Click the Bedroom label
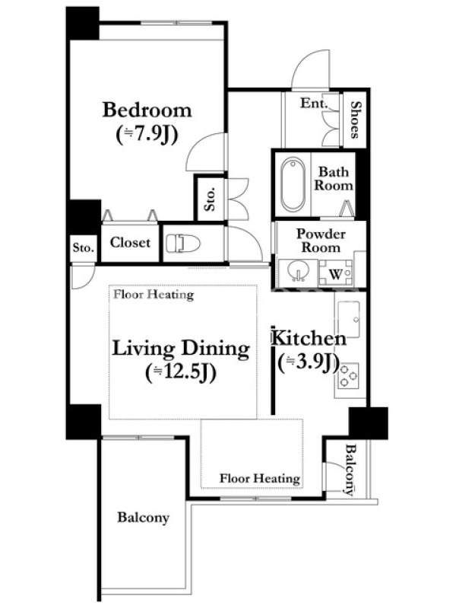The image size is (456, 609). tap(147, 110)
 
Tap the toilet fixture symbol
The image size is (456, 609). tap(183, 244)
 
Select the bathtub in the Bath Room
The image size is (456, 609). tap(293, 184)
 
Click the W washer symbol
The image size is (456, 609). tap(335, 274)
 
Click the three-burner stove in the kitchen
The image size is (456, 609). tap(349, 376)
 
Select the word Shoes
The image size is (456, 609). tap(355, 120)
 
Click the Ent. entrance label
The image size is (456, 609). tap(314, 103)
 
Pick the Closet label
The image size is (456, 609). tap(130, 242)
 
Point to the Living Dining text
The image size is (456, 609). tap(181, 348)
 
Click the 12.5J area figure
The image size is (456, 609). tap(181, 373)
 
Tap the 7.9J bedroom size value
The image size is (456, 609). tap(147, 135)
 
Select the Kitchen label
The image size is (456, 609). tap(309, 338)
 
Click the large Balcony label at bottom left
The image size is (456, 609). tap(144, 518)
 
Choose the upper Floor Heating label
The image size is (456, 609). tap(154, 295)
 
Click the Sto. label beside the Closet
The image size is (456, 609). tap(84, 247)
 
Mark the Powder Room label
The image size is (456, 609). tap(321, 241)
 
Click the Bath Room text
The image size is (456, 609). tap(334, 178)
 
